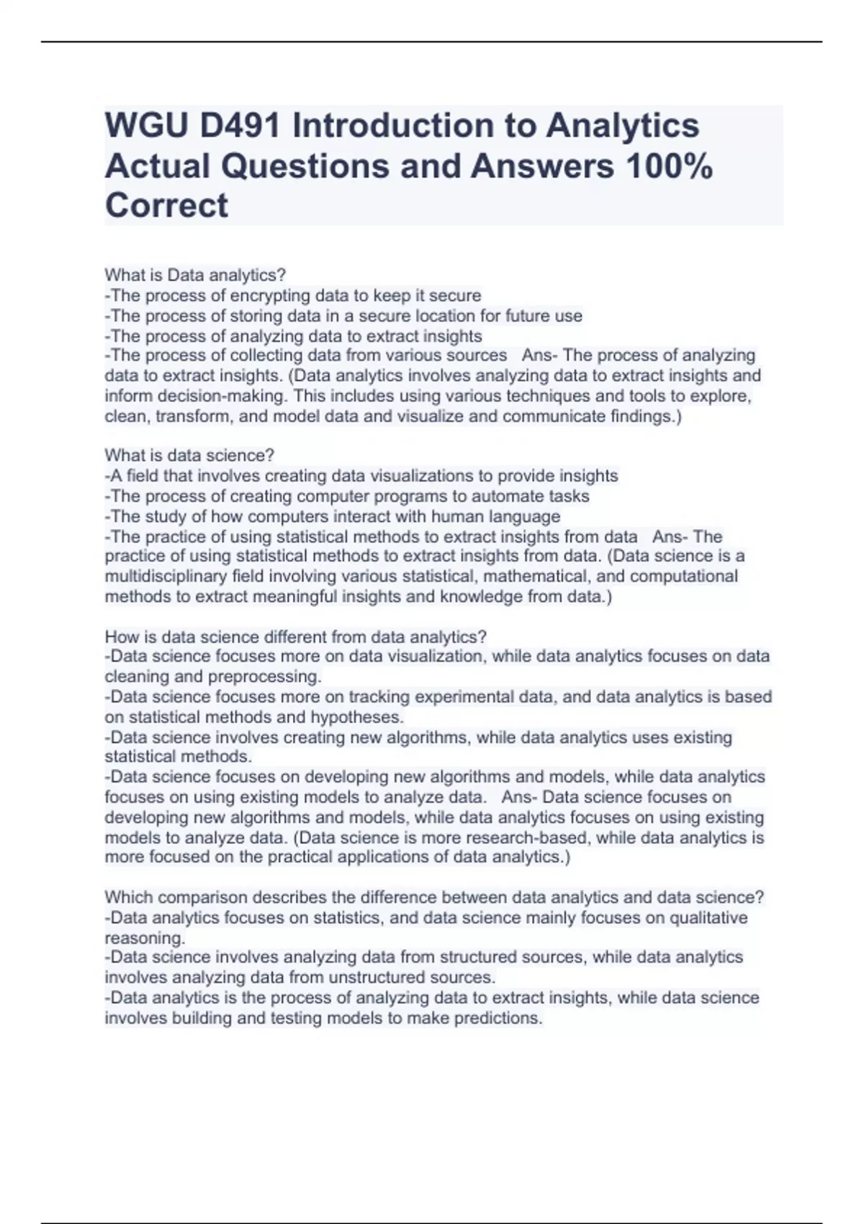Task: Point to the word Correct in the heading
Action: point(166,206)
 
